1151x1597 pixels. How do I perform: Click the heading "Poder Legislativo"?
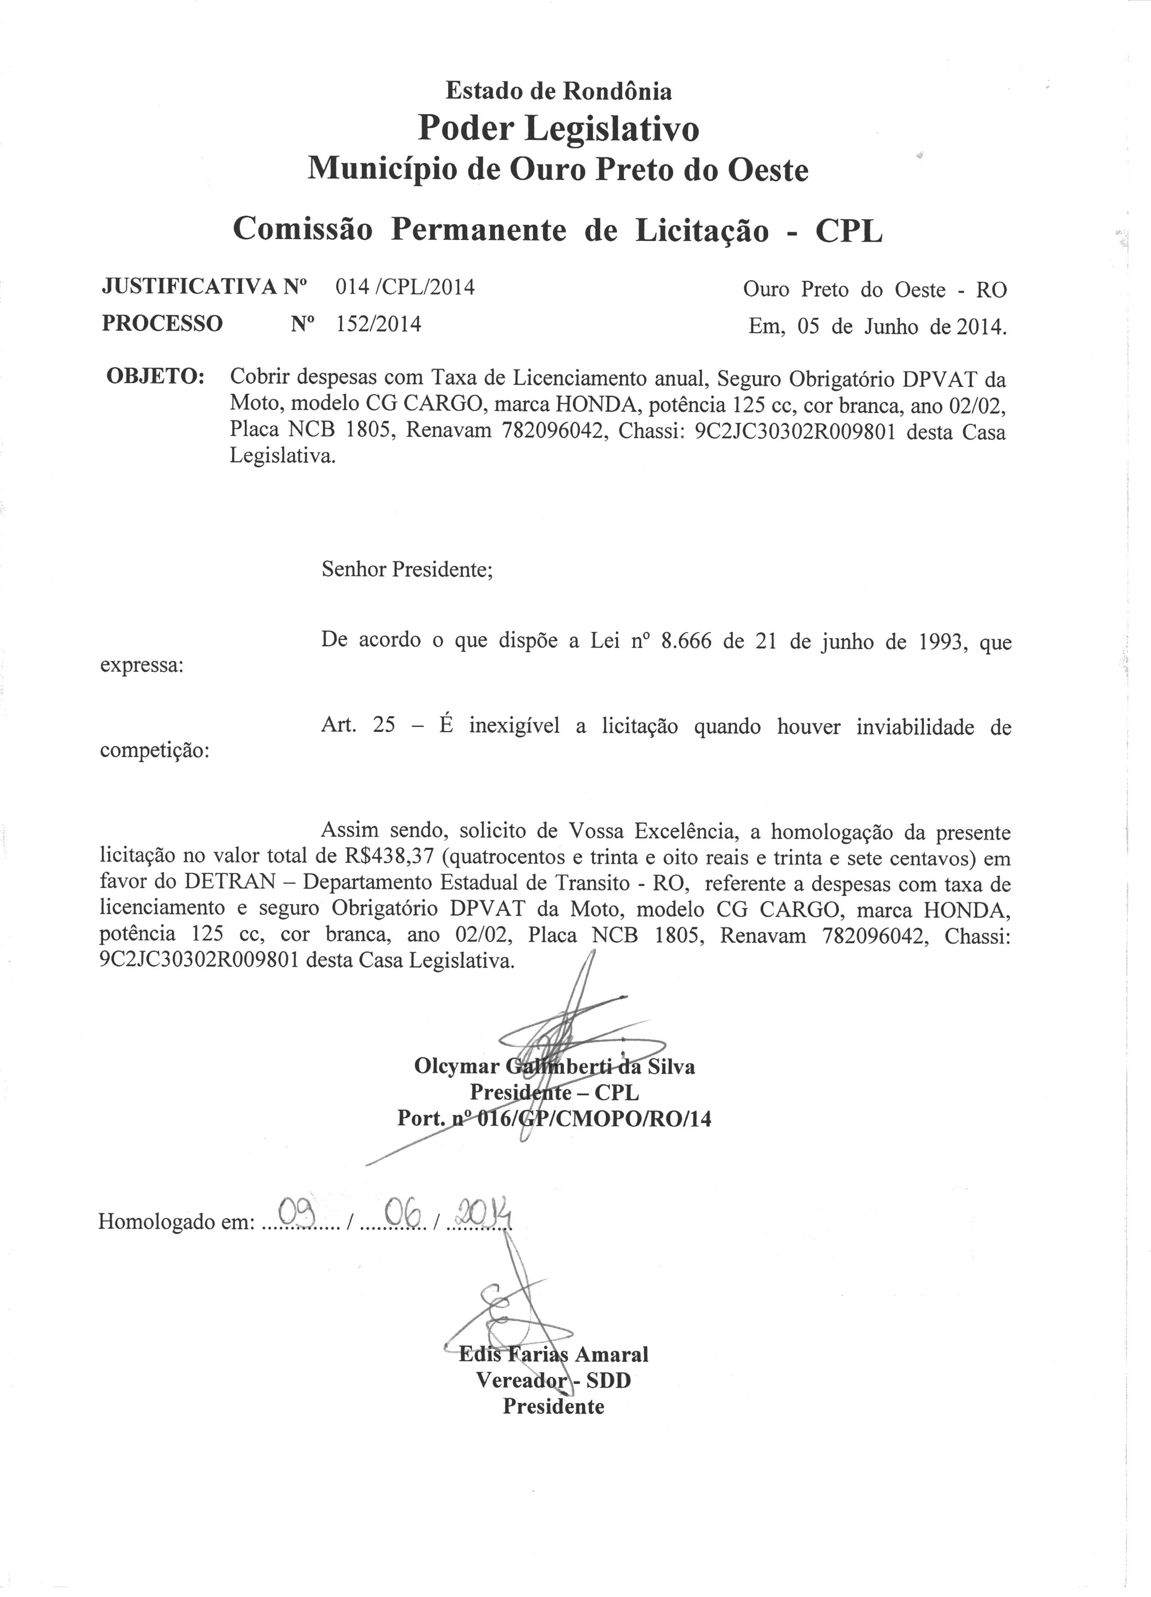(558, 129)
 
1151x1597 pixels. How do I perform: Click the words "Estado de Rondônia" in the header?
(558, 91)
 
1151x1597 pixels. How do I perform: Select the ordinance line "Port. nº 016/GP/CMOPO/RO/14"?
(554, 1118)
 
